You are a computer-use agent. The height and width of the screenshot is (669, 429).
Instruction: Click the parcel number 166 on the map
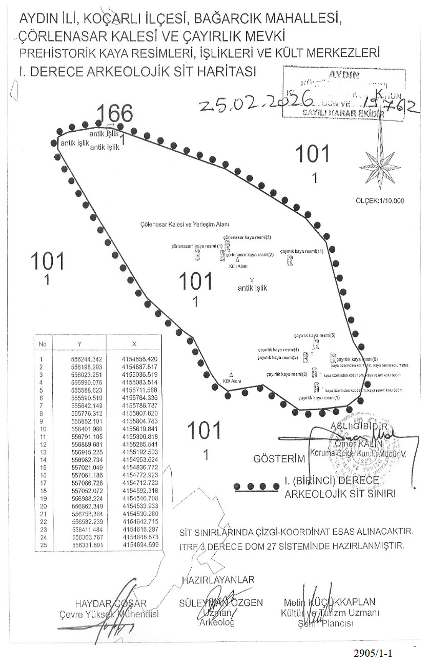click(115, 113)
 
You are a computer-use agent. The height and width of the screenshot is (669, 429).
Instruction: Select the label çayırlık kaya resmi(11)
click(302, 252)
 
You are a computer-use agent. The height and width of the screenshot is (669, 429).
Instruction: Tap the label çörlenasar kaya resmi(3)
click(247, 237)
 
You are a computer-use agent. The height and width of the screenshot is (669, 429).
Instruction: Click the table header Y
click(79, 343)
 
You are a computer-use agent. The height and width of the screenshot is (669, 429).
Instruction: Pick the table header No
click(43, 343)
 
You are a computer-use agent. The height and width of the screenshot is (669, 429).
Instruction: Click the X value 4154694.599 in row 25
click(140, 545)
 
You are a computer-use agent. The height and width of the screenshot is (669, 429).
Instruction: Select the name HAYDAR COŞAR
click(110, 603)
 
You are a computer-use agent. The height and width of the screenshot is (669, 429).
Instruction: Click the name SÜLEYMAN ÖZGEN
click(221, 602)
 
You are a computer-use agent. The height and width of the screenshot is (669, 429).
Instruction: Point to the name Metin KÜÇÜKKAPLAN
click(329, 602)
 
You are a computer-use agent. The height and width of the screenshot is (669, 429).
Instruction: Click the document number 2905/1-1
click(374, 653)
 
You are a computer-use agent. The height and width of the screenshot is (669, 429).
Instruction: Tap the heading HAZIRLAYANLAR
click(218, 580)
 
